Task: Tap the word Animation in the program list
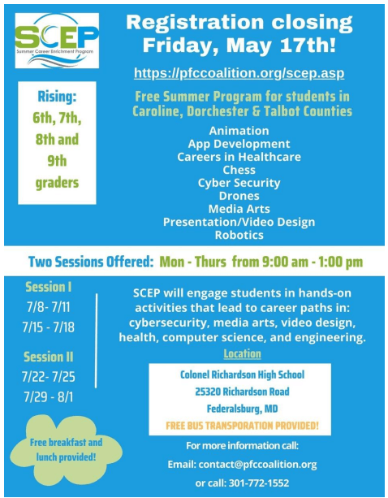coord(239,131)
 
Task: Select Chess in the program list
coord(239,170)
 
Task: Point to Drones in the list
coord(239,196)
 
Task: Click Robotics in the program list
coord(239,235)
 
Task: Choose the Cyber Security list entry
coord(239,183)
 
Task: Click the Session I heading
coord(49,287)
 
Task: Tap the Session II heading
coord(49,357)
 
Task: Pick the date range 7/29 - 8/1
coord(49,399)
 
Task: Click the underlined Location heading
coord(242,354)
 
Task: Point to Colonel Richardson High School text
coord(242,375)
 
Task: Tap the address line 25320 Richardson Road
coord(242,392)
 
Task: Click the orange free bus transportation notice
coord(242,425)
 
